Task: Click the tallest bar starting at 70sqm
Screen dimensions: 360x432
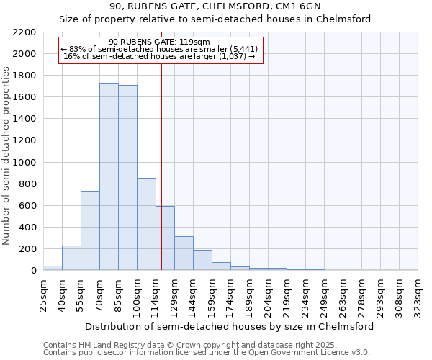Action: (x=109, y=176)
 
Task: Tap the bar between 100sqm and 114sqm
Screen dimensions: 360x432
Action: (x=146, y=224)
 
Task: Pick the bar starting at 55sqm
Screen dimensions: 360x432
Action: (x=90, y=230)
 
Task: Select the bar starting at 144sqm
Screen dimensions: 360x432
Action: (x=202, y=260)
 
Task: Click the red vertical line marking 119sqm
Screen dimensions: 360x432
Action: (x=161, y=166)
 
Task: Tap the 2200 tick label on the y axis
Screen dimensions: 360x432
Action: (x=24, y=32)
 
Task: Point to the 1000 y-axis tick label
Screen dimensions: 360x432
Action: (x=24, y=163)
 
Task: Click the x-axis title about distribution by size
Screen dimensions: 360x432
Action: (x=229, y=326)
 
